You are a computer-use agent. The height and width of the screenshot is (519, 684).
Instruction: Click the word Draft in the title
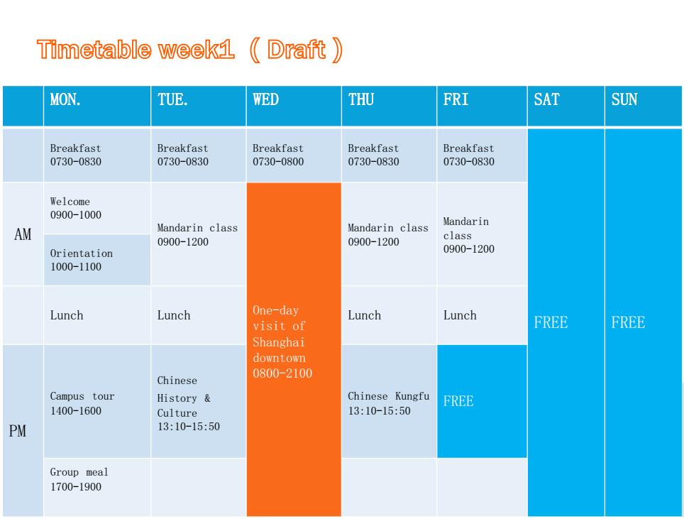296,49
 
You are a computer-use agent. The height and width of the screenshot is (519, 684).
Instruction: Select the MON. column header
65,99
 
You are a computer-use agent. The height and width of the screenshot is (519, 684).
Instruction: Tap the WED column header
265,99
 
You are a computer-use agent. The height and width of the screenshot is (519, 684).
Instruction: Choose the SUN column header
624,99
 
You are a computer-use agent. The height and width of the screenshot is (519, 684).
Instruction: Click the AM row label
23,234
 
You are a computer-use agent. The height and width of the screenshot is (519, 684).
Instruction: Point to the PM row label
18,431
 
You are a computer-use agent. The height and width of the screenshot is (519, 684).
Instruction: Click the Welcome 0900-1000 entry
75,208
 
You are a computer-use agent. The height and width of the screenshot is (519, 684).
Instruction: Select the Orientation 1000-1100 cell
81,260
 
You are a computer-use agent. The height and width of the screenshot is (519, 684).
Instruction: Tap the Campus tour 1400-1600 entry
82,403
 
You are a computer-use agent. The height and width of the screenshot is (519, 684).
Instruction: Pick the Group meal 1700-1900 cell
79,479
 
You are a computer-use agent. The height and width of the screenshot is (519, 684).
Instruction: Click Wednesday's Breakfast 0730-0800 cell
278,155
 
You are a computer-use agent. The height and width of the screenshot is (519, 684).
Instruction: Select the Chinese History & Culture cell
189,403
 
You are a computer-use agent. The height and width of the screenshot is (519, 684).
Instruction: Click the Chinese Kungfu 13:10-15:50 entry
389,403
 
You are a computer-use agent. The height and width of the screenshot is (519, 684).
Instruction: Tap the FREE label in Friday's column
458,401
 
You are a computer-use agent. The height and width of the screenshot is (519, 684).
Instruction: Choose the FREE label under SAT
551,322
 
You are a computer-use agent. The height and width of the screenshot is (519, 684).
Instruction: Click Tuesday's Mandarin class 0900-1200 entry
197,235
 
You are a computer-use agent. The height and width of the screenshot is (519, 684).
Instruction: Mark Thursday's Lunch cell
364,315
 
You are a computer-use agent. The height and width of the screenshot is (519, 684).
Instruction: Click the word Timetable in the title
94,49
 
